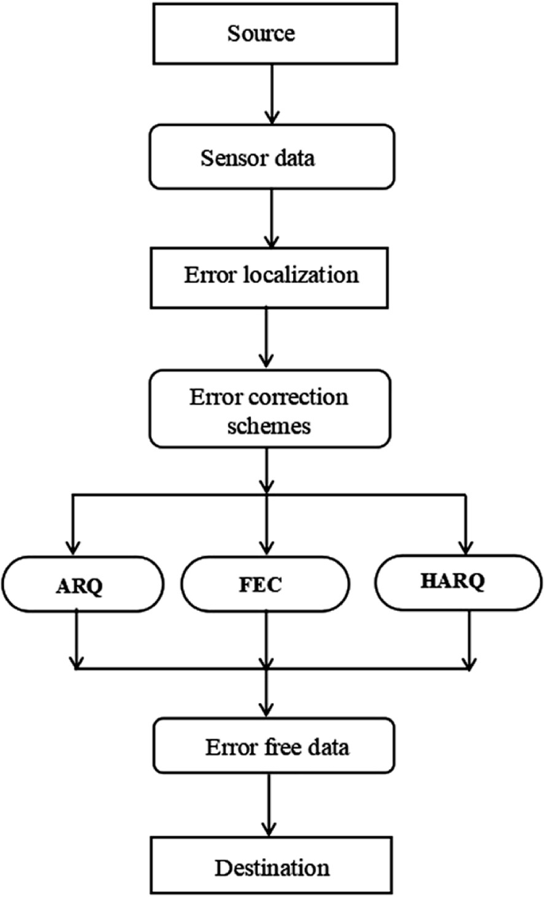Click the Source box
pos(272,33)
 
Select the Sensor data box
pos(272,157)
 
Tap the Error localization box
pos(272,276)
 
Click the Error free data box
pos(272,748)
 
